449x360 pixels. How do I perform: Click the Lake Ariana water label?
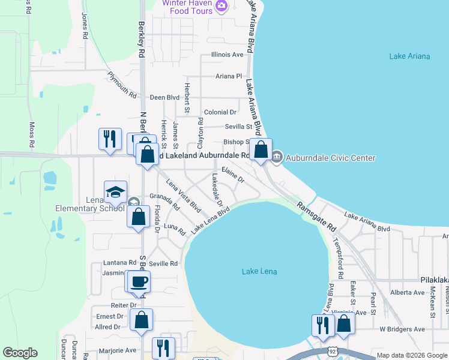[x=409, y=56]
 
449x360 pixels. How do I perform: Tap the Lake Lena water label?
[x=259, y=272]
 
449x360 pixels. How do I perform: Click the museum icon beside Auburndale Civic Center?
[x=276, y=158]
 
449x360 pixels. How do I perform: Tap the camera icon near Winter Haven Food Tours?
[x=221, y=6]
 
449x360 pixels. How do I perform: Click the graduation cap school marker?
[x=115, y=193]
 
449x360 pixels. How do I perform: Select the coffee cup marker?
[x=139, y=281]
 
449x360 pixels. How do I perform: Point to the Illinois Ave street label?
[x=227, y=55]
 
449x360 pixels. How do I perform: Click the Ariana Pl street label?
[x=229, y=77]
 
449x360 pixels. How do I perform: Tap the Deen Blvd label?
[x=164, y=97]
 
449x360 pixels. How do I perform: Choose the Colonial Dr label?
[x=220, y=112]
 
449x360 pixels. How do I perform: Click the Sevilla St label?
[x=238, y=127]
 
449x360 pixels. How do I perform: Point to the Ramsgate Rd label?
[x=316, y=217]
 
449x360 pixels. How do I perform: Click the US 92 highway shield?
[x=332, y=350]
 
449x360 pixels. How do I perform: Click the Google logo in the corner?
[x=20, y=353]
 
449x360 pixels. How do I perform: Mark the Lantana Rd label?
[x=120, y=263]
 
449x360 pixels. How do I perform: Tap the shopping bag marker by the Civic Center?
[x=261, y=150]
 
